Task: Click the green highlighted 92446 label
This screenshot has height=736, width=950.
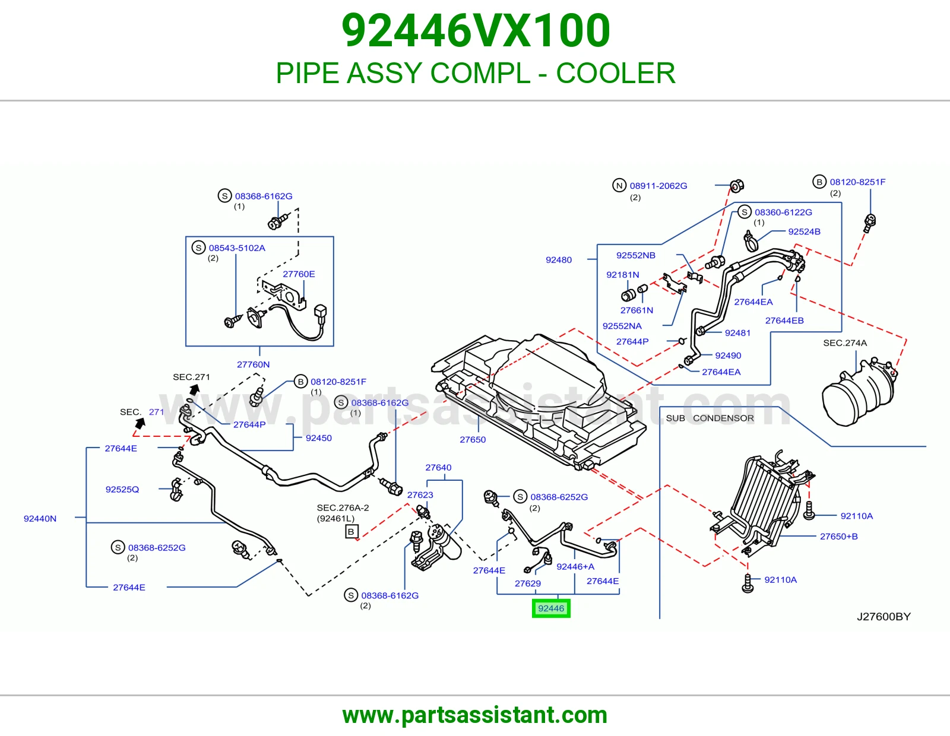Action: click(x=551, y=608)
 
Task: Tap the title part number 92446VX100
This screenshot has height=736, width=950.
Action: click(x=476, y=30)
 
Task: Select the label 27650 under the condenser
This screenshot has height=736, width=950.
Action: click(x=473, y=439)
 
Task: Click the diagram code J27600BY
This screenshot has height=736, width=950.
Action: click(x=883, y=616)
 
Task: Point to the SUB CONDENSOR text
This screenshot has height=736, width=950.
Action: click(x=710, y=418)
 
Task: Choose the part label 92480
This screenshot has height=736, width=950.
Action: click(x=559, y=259)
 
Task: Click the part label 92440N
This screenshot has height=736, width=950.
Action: click(x=40, y=518)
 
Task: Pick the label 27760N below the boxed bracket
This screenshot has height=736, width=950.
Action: click(x=253, y=364)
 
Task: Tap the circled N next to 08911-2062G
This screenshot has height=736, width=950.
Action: click(x=619, y=185)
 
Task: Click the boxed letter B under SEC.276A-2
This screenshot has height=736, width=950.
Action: click(x=351, y=531)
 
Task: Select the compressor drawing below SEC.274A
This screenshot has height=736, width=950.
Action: click(x=859, y=391)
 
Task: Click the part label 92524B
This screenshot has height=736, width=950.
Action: click(x=805, y=231)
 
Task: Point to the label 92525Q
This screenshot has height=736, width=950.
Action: click(x=122, y=489)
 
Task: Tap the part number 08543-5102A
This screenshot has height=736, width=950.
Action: click(x=237, y=248)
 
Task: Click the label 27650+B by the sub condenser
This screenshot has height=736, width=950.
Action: click(x=839, y=536)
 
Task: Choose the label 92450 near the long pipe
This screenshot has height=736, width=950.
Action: click(x=319, y=438)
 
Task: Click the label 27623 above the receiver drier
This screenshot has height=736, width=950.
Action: click(x=420, y=495)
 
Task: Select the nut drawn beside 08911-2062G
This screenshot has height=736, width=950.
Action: click(x=737, y=186)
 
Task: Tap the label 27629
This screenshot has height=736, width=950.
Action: click(x=528, y=583)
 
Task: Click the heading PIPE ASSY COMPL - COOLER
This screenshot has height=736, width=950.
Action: click(x=476, y=73)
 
